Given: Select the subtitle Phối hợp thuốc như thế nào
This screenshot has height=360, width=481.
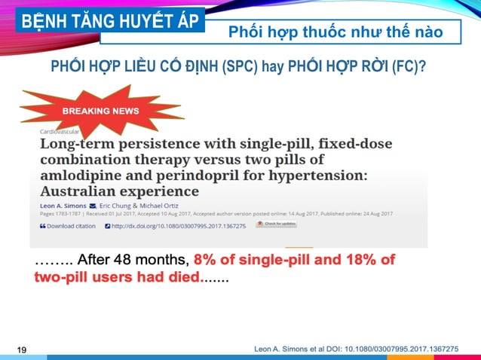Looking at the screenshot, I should pyautogui.click(x=335, y=32).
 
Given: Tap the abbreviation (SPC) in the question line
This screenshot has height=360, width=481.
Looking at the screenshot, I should pyautogui.click(x=240, y=67).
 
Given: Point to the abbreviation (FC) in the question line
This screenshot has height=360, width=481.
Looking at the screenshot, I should pyautogui.click(x=406, y=67).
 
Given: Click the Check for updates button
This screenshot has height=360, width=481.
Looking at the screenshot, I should pyautogui.click(x=276, y=224).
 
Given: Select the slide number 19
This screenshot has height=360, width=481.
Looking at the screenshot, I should pyautogui.click(x=21, y=349).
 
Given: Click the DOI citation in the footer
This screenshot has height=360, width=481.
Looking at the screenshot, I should pyautogui.click(x=356, y=349).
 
